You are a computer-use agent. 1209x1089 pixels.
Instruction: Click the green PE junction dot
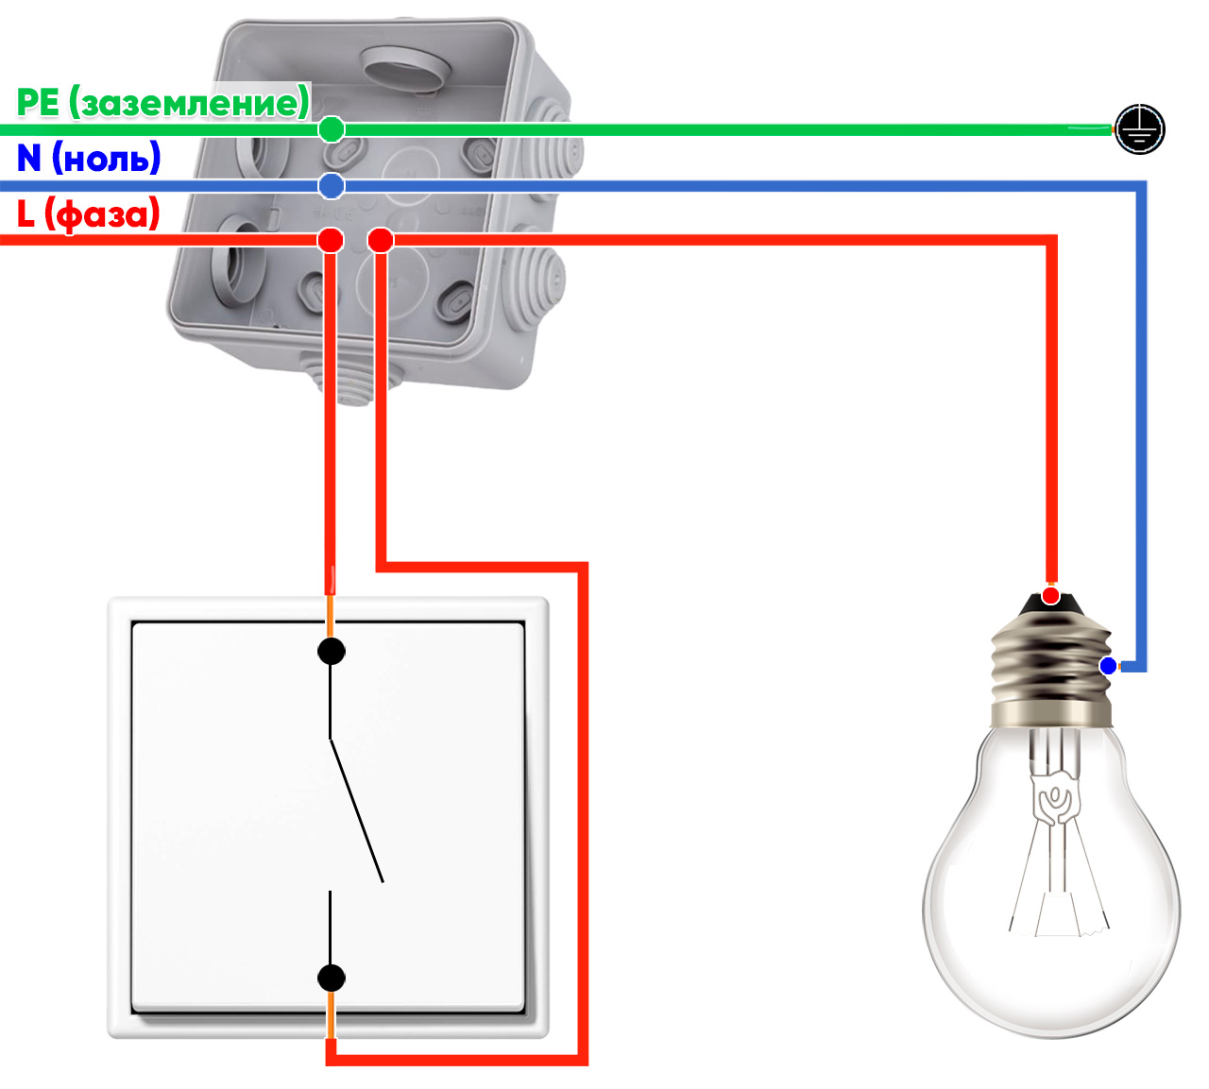coord(331,129)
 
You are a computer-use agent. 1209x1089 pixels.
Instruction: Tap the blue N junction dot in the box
coord(331,186)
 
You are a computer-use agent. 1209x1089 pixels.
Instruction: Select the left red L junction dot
coord(331,240)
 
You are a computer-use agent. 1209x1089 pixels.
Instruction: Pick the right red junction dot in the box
coord(381,240)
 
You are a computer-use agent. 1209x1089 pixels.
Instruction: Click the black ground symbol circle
coord(1139,129)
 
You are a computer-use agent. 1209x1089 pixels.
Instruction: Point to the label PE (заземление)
coord(162,102)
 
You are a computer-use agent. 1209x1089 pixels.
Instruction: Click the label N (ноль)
coord(89,158)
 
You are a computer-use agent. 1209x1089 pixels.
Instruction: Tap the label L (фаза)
coord(89,214)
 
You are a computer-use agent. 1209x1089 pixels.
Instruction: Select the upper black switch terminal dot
coord(331,651)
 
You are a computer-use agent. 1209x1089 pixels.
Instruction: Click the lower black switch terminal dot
coord(331,978)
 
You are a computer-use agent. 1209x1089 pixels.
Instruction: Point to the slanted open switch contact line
coord(356,810)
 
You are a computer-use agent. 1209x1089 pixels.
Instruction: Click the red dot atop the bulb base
coord(1050,596)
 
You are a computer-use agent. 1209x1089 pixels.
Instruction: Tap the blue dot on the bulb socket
coord(1108,666)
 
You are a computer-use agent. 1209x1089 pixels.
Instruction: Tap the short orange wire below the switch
coord(331,1015)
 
